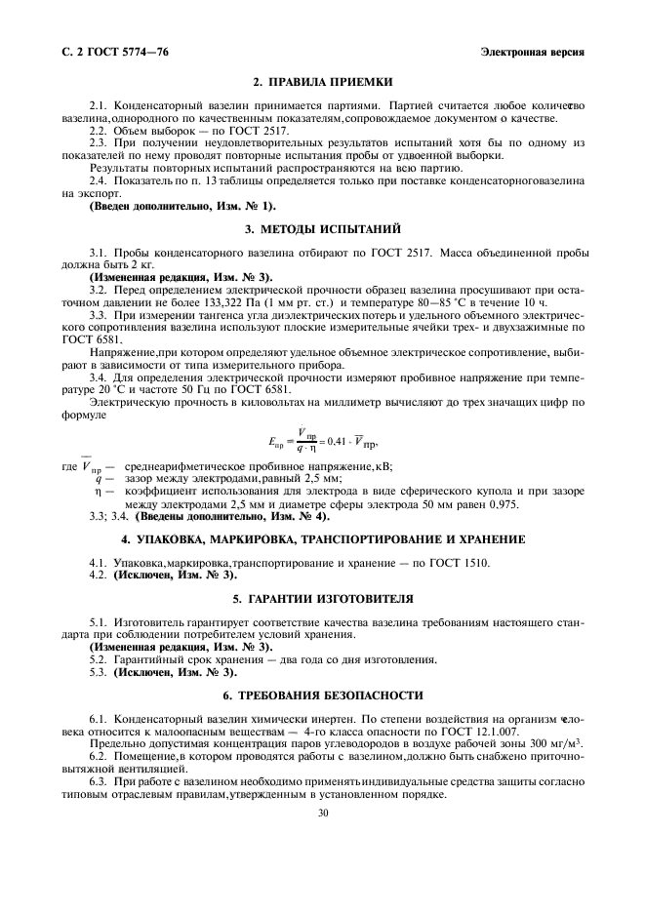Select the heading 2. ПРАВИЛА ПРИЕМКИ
321,83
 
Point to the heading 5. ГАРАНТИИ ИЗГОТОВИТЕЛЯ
321,597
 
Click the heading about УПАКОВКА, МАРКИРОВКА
321,538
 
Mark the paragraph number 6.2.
100,756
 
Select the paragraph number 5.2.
100,660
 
